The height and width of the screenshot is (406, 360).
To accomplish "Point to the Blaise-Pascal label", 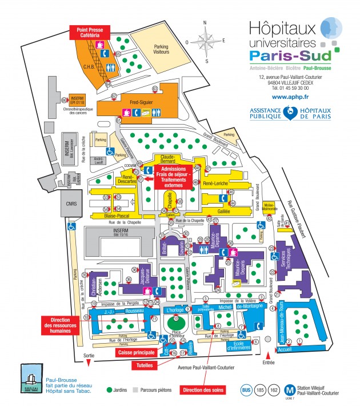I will point(115,216).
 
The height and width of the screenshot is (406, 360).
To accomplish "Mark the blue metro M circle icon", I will point(291,391).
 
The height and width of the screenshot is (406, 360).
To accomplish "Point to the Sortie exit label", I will point(88,355).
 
